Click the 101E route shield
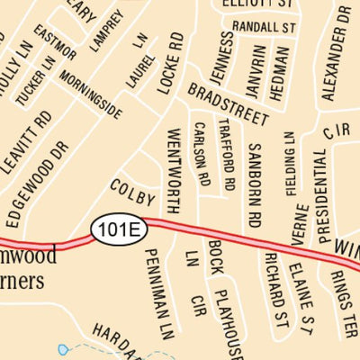[118, 229]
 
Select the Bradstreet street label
[229, 104]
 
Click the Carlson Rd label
[202, 155]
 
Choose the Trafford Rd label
[229, 159]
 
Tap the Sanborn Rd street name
[255, 184]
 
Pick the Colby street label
[132, 193]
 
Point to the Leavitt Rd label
[27, 139]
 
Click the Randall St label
[265, 28]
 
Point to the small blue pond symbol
[62, 348]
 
